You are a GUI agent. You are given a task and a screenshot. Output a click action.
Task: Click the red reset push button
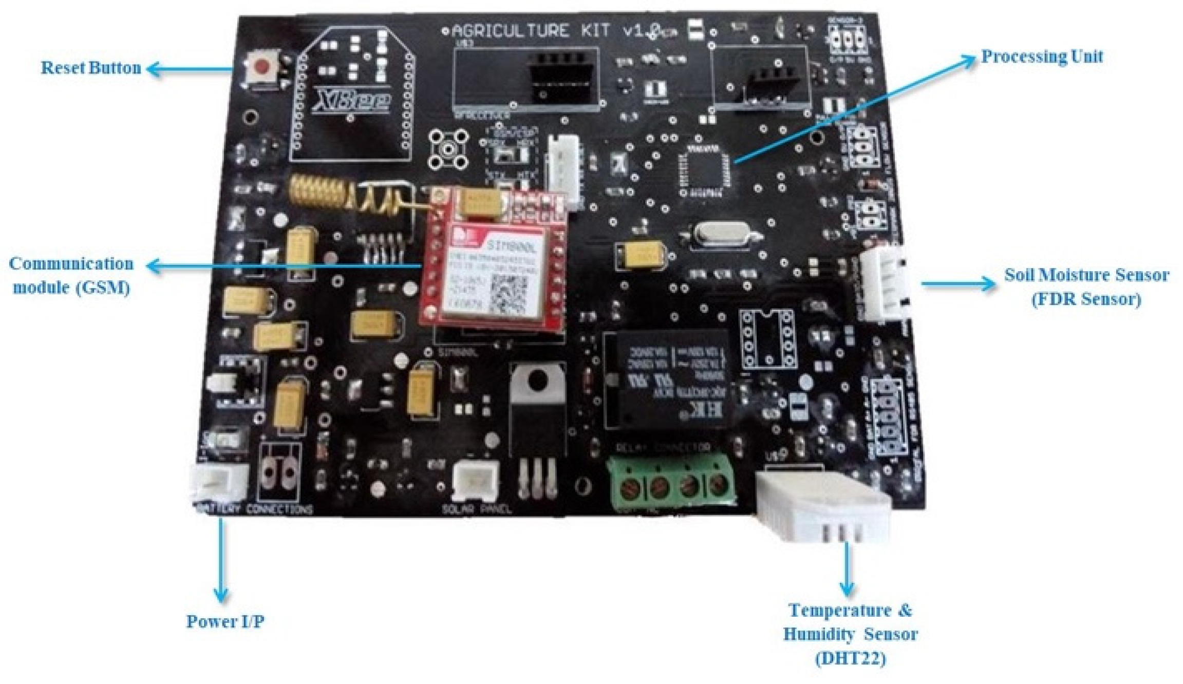point(262,67)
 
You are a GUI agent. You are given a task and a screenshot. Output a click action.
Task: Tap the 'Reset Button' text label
point(91,68)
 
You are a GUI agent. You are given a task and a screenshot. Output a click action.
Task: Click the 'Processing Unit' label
point(1042,56)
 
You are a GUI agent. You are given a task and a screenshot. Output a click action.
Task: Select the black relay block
point(668,380)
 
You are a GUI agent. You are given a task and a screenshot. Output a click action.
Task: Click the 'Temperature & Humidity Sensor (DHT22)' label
point(850,635)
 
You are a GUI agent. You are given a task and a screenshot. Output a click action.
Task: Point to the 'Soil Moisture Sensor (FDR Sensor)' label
point(1086,287)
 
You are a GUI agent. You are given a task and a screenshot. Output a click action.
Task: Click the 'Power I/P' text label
point(225,621)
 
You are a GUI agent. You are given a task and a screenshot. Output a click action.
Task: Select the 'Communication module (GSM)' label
point(71,275)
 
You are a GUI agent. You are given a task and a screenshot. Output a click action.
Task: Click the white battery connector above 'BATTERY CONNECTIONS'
point(218,482)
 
